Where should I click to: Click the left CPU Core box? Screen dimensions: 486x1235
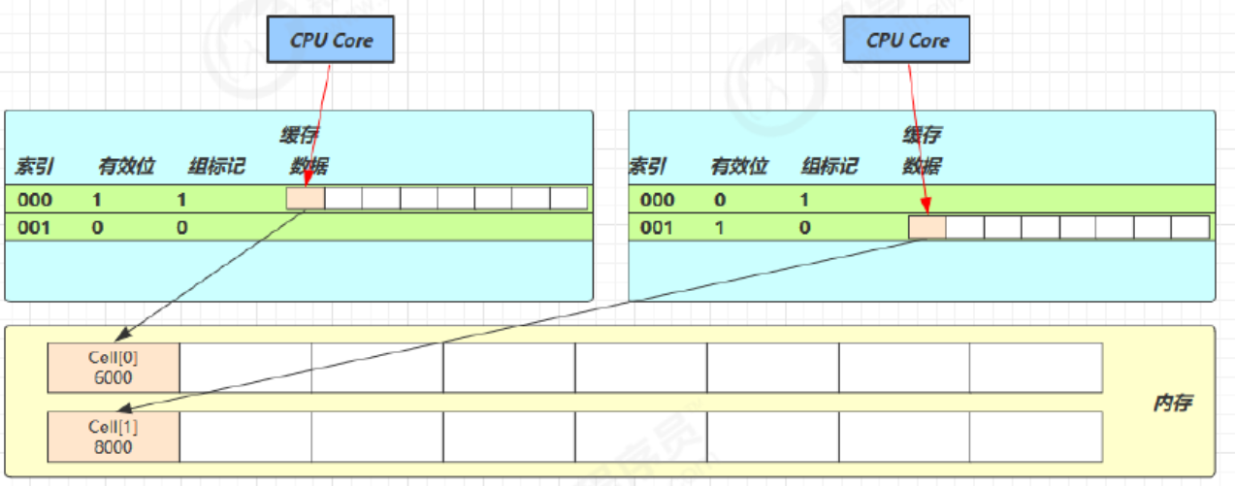tap(332, 41)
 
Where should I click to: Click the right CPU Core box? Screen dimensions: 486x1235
tap(907, 41)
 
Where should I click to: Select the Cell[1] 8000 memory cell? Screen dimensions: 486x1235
tap(113, 437)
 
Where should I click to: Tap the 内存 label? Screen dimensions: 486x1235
tap(1172, 404)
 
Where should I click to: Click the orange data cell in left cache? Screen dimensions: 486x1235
tap(306, 199)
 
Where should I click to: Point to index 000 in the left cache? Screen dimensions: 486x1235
tap(35, 200)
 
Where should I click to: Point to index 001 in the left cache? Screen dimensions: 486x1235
tap(35, 228)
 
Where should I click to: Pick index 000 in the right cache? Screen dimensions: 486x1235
tap(658, 200)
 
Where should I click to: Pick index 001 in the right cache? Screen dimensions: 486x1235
tap(658, 228)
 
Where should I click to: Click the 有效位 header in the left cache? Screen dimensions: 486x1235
tap(126, 167)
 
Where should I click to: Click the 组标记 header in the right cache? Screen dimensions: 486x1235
tap(829, 167)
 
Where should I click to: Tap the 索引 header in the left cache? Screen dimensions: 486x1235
tap(35, 167)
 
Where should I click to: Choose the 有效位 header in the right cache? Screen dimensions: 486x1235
tap(739, 167)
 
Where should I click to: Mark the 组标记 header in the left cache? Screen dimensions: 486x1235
tap(216, 167)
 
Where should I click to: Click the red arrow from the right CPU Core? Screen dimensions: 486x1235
tap(917, 136)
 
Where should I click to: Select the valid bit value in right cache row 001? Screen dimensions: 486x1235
tap(719, 228)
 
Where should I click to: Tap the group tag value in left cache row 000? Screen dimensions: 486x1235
tap(181, 200)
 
